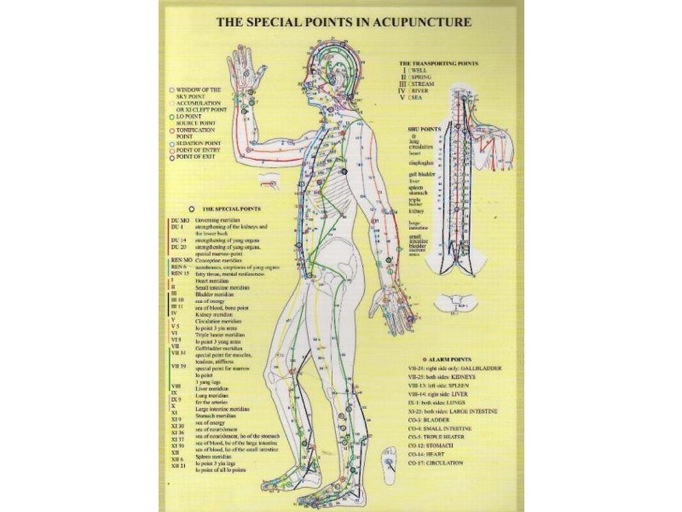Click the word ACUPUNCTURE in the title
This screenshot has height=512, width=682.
click(430, 23)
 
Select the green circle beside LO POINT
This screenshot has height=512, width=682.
click(172, 116)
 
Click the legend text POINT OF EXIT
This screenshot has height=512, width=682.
click(195, 157)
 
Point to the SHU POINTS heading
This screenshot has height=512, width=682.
click(424, 129)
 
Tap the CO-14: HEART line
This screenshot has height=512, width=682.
click(432, 454)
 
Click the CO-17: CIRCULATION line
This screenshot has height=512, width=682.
click(437, 463)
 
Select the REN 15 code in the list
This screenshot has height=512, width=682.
click(179, 273)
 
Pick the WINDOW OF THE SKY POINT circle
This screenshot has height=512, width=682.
click(172, 89)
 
